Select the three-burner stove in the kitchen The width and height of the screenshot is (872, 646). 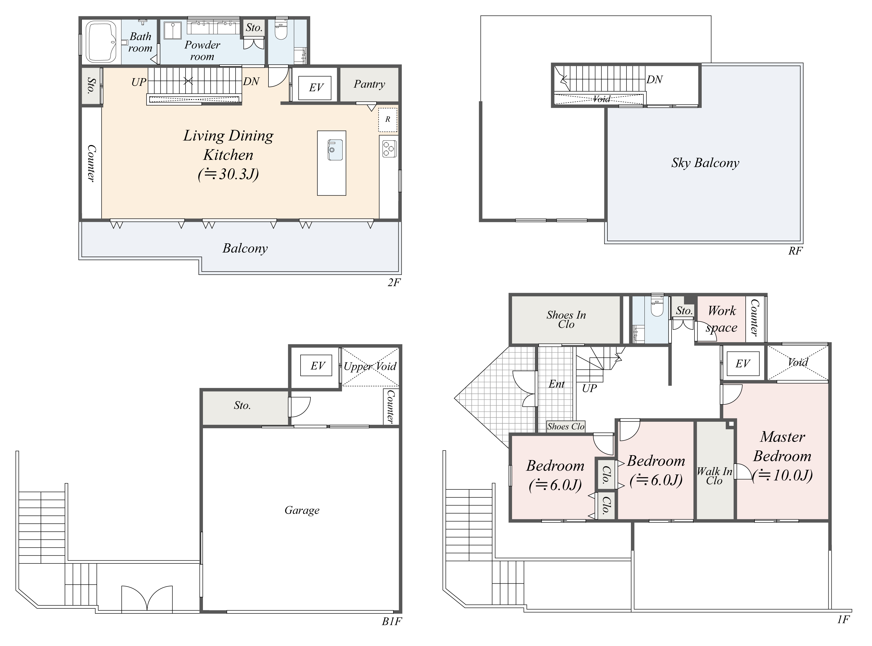389,149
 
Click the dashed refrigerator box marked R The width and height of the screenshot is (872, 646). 387,120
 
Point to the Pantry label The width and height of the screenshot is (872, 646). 369,84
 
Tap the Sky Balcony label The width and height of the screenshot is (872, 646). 705,163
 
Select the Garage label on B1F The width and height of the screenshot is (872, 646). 302,510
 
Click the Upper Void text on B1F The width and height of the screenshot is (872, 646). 370,366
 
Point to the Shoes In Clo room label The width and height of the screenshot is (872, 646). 566,320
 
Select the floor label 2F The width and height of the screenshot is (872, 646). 394,282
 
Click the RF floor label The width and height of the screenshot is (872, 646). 795,251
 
